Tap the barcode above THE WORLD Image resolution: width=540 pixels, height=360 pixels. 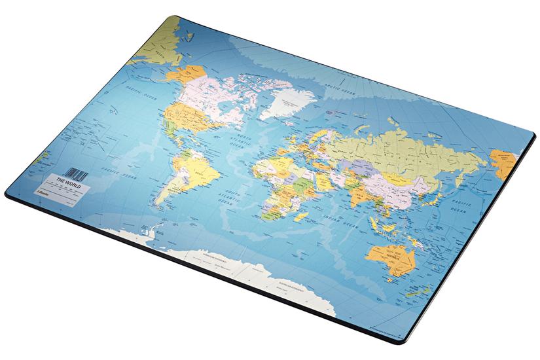pos(77,173)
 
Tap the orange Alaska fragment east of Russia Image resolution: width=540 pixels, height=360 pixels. pos(505,162)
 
